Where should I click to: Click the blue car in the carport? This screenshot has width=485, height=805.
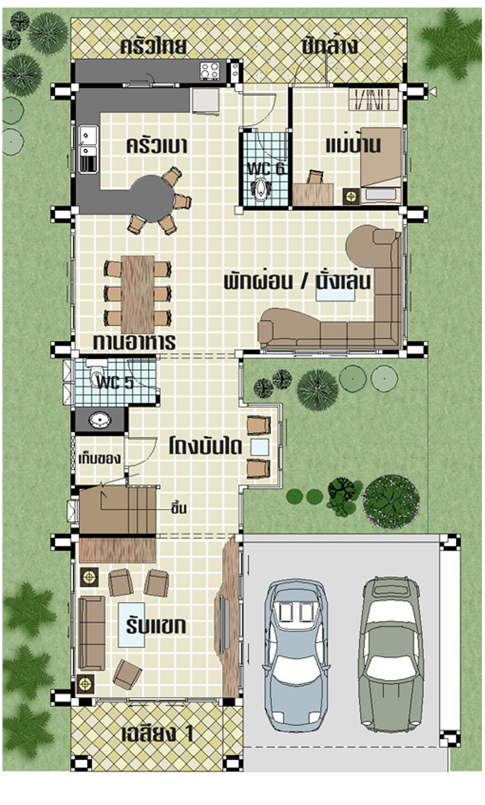coord(296,655)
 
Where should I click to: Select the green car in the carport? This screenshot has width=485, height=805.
coord(391,654)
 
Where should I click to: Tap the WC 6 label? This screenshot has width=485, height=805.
coord(267,169)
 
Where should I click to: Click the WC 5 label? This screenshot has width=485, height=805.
coord(116,382)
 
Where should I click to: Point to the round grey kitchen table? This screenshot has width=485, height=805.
coord(152,198)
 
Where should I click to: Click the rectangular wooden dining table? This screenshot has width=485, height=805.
coord(138,295)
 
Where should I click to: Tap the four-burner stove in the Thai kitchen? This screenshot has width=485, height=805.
coord(210,71)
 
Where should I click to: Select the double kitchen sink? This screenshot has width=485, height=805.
coord(88,149)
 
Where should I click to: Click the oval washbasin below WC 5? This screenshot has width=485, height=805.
coord(100,420)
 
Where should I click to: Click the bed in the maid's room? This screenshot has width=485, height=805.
coord(381,165)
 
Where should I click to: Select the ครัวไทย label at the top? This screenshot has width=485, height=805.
coord(153,47)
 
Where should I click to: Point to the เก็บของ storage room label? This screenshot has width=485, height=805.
coord(99,459)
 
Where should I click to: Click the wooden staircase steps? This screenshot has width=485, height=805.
coord(118,510)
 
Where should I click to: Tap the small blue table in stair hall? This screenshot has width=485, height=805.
coord(259,447)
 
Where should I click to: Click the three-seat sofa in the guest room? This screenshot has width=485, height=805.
coord(92,633)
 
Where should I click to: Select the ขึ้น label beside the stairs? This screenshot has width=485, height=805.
coord(179,508)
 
